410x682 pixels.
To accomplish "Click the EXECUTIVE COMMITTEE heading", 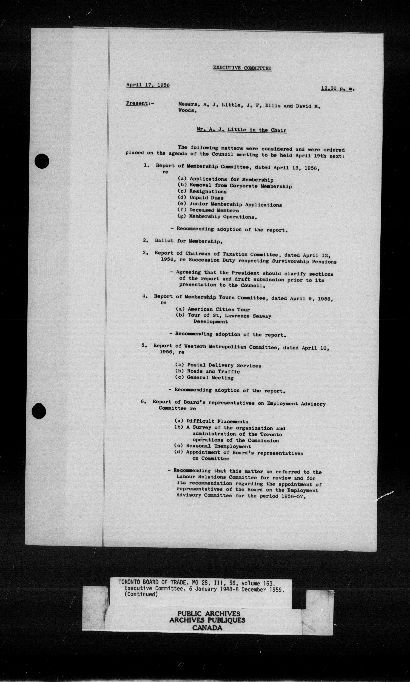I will tap(242, 68).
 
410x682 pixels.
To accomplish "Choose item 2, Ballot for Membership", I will tap(188, 241).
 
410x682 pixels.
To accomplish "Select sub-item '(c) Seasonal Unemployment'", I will tap(212, 446).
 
